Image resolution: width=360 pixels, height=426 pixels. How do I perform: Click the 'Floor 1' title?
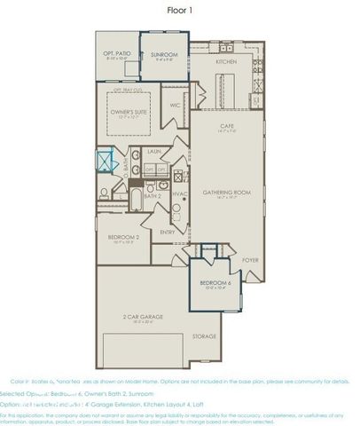[179, 11]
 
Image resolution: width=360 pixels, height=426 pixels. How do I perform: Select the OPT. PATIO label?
[120, 56]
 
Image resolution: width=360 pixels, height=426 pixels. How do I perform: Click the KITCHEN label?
[226, 63]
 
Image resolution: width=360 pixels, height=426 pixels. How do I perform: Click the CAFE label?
[227, 127]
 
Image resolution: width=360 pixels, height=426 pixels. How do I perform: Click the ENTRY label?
[168, 233]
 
